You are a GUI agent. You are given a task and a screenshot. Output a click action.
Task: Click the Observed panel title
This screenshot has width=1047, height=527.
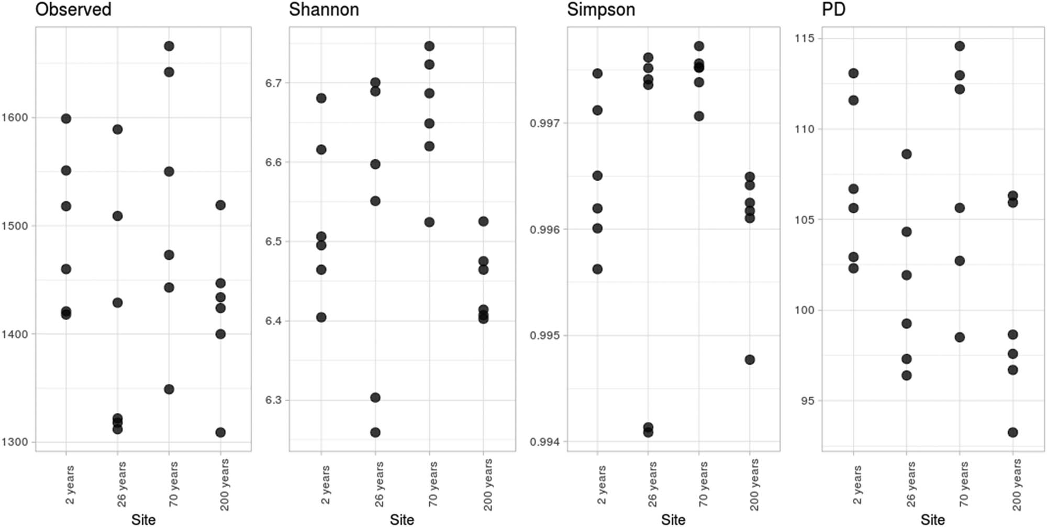coord(73,9)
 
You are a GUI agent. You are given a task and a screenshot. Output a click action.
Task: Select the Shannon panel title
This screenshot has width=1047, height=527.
coord(324,9)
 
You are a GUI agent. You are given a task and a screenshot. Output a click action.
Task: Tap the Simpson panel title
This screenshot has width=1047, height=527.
coord(601,9)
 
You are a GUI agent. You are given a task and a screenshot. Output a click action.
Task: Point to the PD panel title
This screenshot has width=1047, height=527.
coord(834,9)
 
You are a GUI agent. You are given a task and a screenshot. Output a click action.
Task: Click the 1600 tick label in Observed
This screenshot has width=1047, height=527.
coord(15,118)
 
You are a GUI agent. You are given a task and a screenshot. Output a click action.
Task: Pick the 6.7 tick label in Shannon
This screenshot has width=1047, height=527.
coord(273,83)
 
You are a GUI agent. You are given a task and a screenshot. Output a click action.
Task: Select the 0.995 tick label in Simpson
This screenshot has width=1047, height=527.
coord(544,335)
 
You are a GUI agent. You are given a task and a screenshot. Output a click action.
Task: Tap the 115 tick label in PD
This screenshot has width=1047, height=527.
coord(805,38)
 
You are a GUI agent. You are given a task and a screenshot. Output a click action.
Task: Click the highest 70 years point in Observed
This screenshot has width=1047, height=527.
coord(169,46)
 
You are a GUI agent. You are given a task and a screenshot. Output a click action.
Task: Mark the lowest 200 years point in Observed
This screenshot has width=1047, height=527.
coord(220,433)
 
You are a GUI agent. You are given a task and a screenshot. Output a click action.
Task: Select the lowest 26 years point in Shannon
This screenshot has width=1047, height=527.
coord(375,433)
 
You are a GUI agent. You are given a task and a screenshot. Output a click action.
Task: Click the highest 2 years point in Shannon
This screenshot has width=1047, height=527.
coord(321,98)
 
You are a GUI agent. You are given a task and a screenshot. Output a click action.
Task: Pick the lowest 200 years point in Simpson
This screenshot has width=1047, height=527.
coord(750,360)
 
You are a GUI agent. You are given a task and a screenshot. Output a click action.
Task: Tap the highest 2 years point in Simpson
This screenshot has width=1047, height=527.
coord(597,73)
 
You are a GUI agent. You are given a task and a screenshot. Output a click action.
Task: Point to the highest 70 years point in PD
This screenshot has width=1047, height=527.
coord(960,46)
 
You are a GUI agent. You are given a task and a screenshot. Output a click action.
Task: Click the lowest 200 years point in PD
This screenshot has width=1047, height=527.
coord(1013,433)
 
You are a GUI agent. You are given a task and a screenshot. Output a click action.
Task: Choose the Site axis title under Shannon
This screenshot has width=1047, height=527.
coord(402,520)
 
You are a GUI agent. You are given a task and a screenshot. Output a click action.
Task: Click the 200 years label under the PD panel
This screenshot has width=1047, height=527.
coord(1016,485)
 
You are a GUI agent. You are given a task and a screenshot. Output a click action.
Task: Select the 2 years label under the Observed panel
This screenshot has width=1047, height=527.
coord(70,485)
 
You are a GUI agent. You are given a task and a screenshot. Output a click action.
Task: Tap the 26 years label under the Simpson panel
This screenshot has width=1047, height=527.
coord(652,485)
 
